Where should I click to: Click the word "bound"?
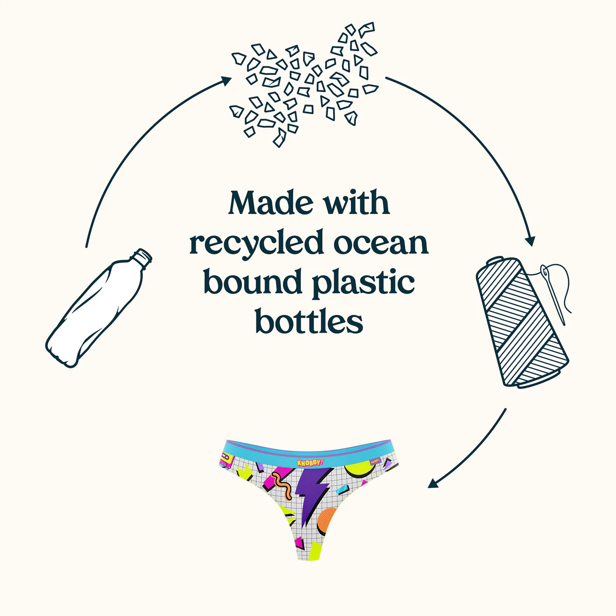pos(253,281)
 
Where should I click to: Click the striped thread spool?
pos(522,322)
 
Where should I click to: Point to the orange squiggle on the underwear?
pos(281,485)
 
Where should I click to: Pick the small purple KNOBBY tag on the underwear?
pos(375,461)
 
